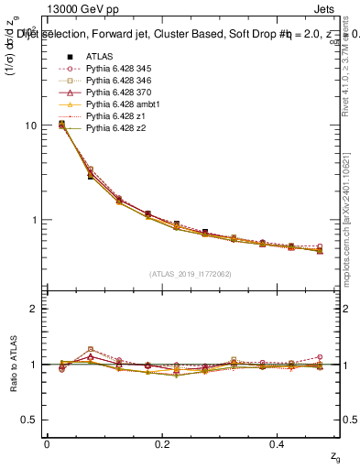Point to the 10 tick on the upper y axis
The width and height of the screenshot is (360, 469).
(30, 125)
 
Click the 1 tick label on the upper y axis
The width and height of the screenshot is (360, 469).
(33, 221)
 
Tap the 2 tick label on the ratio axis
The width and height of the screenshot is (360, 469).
(33, 309)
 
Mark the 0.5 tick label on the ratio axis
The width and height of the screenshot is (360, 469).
(28, 420)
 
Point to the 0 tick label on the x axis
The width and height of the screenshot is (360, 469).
(47, 443)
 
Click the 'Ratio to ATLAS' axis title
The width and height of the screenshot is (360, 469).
(12, 364)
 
